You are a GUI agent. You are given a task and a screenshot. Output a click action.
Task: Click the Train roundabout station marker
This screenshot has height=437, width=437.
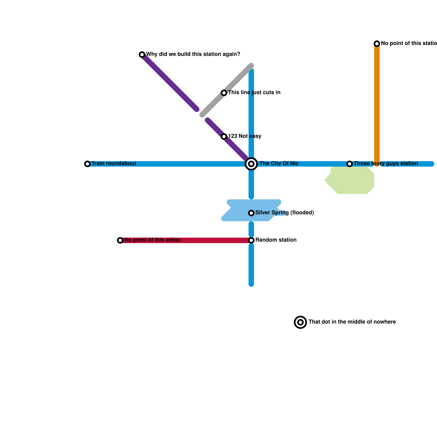87,164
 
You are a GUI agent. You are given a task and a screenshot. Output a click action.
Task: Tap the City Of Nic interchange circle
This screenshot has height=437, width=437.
251,164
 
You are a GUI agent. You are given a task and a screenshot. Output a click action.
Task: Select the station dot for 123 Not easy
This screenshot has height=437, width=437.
224,137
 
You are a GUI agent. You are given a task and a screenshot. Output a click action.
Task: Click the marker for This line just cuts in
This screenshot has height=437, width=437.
224,93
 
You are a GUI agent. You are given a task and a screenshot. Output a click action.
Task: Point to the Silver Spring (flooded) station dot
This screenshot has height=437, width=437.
251,213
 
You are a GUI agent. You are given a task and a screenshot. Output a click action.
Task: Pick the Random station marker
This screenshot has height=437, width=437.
251,240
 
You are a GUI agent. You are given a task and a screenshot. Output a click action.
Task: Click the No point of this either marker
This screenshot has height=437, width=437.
120,240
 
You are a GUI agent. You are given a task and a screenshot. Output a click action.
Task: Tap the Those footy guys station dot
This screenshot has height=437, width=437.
350,164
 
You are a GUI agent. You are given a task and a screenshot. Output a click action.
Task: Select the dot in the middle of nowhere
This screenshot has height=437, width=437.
300,322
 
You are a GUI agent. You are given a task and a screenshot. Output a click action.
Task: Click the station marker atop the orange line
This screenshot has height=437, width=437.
377,44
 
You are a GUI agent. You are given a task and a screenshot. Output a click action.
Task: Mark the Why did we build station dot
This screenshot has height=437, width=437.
142,55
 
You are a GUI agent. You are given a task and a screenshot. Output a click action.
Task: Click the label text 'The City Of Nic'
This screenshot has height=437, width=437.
279,164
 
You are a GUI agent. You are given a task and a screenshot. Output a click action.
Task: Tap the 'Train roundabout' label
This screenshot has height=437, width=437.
114,164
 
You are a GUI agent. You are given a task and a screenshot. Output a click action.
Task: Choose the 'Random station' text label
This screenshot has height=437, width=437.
276,240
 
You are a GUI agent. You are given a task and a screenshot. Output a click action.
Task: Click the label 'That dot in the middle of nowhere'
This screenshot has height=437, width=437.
352,322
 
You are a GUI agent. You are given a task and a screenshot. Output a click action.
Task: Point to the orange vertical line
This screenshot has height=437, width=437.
377,104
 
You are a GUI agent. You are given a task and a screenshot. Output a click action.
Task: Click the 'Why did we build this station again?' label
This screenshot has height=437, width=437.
193,54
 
